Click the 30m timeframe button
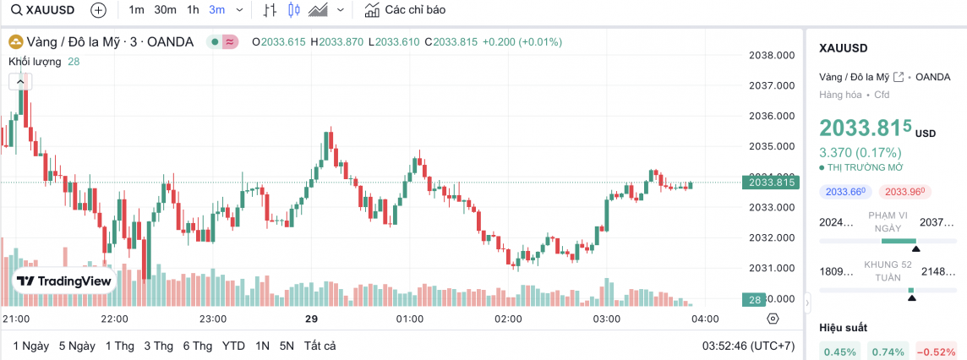tap(165, 10)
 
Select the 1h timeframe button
tap(193, 10)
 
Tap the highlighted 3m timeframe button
tap(217, 10)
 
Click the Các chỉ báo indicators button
tap(405, 10)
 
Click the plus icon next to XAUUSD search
tap(98, 10)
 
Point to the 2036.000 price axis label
tap(773, 116)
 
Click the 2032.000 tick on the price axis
tap(773, 237)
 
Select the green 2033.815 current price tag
tap(769, 182)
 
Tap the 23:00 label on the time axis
tap(212, 319)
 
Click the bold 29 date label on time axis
tap(311, 319)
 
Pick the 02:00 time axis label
tap(508, 319)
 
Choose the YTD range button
tap(233, 346)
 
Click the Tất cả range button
tap(320, 346)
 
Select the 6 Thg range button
tap(197, 346)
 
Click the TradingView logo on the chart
tap(64, 281)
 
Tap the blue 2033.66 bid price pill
tap(846, 192)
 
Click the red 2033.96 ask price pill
tap(905, 192)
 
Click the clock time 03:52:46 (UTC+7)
tap(749, 346)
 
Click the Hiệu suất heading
tap(844, 327)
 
